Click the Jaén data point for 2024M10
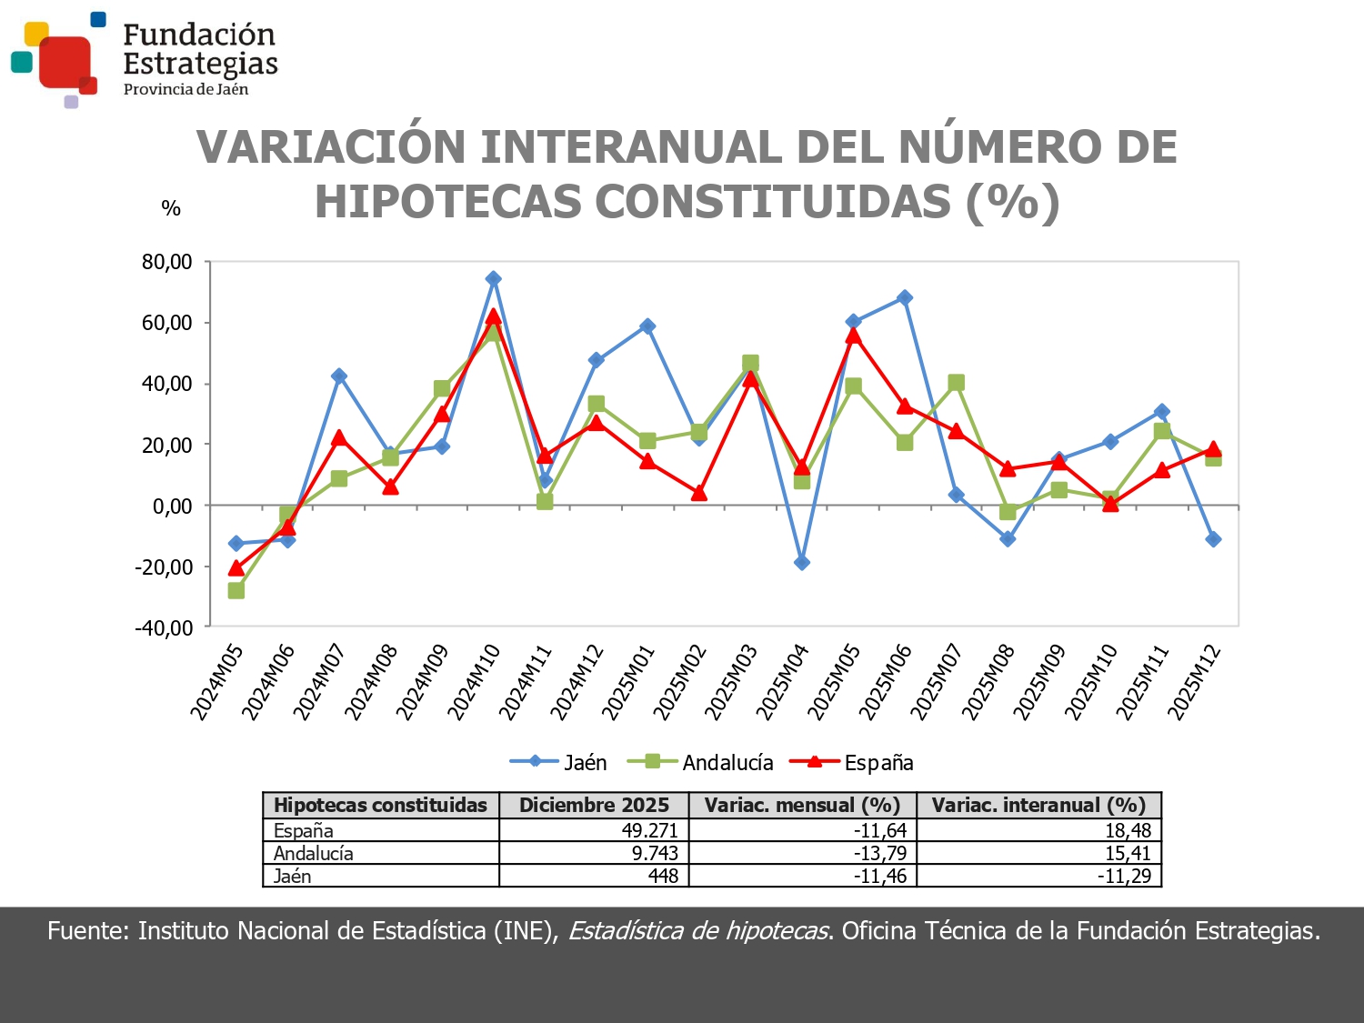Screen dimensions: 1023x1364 493,279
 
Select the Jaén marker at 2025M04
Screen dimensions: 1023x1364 802,563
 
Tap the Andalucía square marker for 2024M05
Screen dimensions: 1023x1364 236,591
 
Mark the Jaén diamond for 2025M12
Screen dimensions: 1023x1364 1213,539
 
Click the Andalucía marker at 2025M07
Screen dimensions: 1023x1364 956,383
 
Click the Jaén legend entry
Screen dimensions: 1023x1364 559,762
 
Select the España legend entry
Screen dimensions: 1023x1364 852,762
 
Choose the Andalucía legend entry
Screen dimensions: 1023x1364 701,762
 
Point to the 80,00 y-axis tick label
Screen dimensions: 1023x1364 167,263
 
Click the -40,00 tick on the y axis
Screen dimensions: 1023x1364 165,627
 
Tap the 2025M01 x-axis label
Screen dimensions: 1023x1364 629,682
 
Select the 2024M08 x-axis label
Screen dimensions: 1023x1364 372,682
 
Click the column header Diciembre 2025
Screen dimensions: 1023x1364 594,805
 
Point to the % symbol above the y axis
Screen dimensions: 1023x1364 171,208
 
